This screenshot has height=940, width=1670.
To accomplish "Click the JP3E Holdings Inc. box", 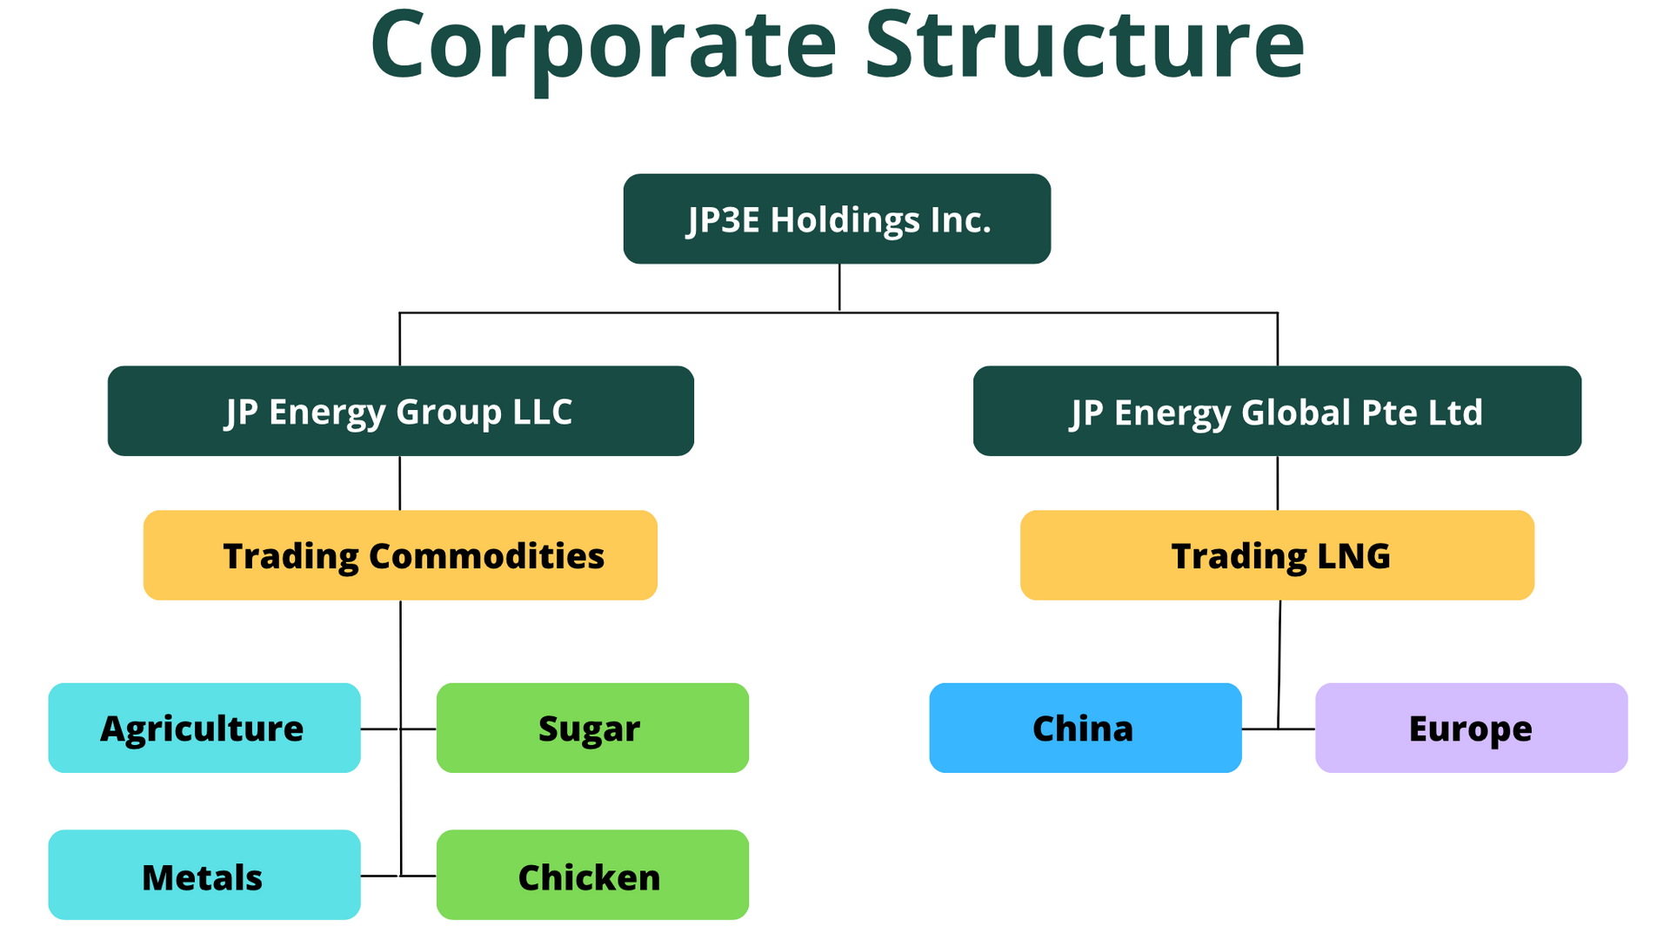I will tap(837, 218).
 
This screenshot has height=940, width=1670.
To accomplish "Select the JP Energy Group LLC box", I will tap(400, 411).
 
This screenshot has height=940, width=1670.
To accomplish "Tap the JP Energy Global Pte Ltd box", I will tap(1277, 411).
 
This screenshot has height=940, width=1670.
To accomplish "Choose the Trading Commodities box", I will tap(400, 555).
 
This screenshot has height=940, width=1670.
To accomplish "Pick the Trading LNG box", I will tap(1277, 555).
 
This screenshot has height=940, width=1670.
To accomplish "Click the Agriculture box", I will tap(204, 728).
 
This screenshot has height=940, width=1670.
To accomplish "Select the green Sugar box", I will tap(592, 728).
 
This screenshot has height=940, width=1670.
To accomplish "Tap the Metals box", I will tap(204, 875).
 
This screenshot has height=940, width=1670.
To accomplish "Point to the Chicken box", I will tap(592, 875).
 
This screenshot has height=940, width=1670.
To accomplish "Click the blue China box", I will tap(1085, 728).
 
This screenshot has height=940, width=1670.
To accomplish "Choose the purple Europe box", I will tap(1471, 728).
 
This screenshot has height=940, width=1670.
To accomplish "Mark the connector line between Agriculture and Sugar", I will tap(380, 728).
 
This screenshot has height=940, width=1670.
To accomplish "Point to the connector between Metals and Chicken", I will tap(380, 876).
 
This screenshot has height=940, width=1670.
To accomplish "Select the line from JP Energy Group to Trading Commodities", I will tap(400, 483).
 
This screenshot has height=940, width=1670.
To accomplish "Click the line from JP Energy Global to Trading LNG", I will tap(1277, 483).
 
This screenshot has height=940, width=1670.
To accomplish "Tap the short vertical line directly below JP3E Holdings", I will tap(839, 287).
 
